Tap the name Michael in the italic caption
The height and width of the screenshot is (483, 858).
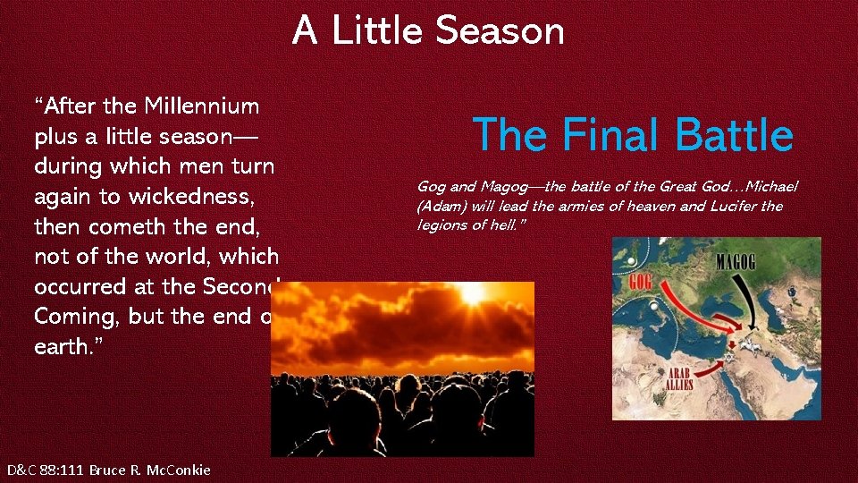tap(767, 185)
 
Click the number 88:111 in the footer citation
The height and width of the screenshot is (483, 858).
tap(66, 470)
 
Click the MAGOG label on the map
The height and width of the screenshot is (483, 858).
tap(751, 263)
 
